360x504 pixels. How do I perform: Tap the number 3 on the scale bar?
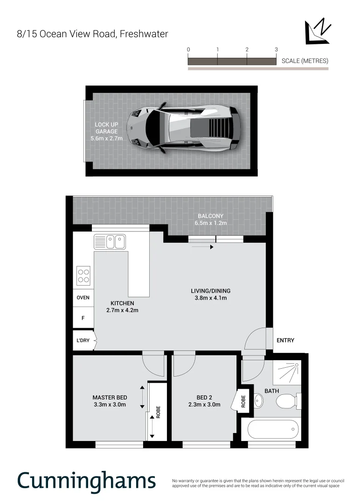[276, 49]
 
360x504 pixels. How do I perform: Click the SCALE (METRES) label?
[305, 61]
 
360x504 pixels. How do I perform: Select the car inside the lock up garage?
[184, 127]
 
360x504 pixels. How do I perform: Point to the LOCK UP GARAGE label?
[106, 132]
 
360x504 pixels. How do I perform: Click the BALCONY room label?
[210, 219]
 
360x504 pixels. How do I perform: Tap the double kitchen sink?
[110, 242]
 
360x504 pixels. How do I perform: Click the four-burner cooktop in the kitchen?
[83, 275]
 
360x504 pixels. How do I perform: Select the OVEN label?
[83, 298]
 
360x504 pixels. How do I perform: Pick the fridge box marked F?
[83, 318]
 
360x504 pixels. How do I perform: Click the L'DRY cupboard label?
[83, 341]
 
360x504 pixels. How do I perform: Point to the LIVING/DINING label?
[211, 294]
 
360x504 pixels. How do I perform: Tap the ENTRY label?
[285, 341]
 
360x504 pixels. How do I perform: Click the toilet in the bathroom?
[287, 400]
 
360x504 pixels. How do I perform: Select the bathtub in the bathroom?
[273, 428]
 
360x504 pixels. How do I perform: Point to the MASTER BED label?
[110, 401]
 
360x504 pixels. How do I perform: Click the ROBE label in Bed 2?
[243, 400]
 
